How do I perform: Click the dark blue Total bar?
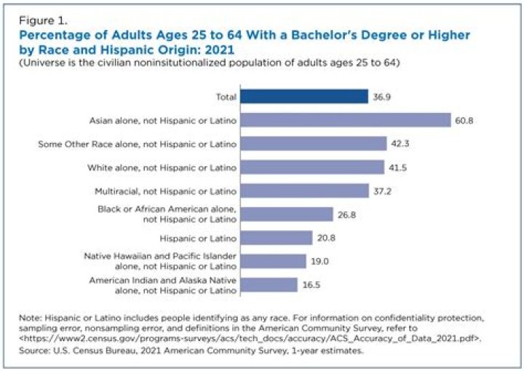coord(304,96)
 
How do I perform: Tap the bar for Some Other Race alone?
coord(314,144)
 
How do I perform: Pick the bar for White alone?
coord(312,167)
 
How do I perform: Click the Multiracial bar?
coord(305,190)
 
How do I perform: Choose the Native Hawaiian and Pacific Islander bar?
coord(274,262)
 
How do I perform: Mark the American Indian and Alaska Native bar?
coord(269,285)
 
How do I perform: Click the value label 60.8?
coord(464,120)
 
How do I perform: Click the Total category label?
coord(224,96)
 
